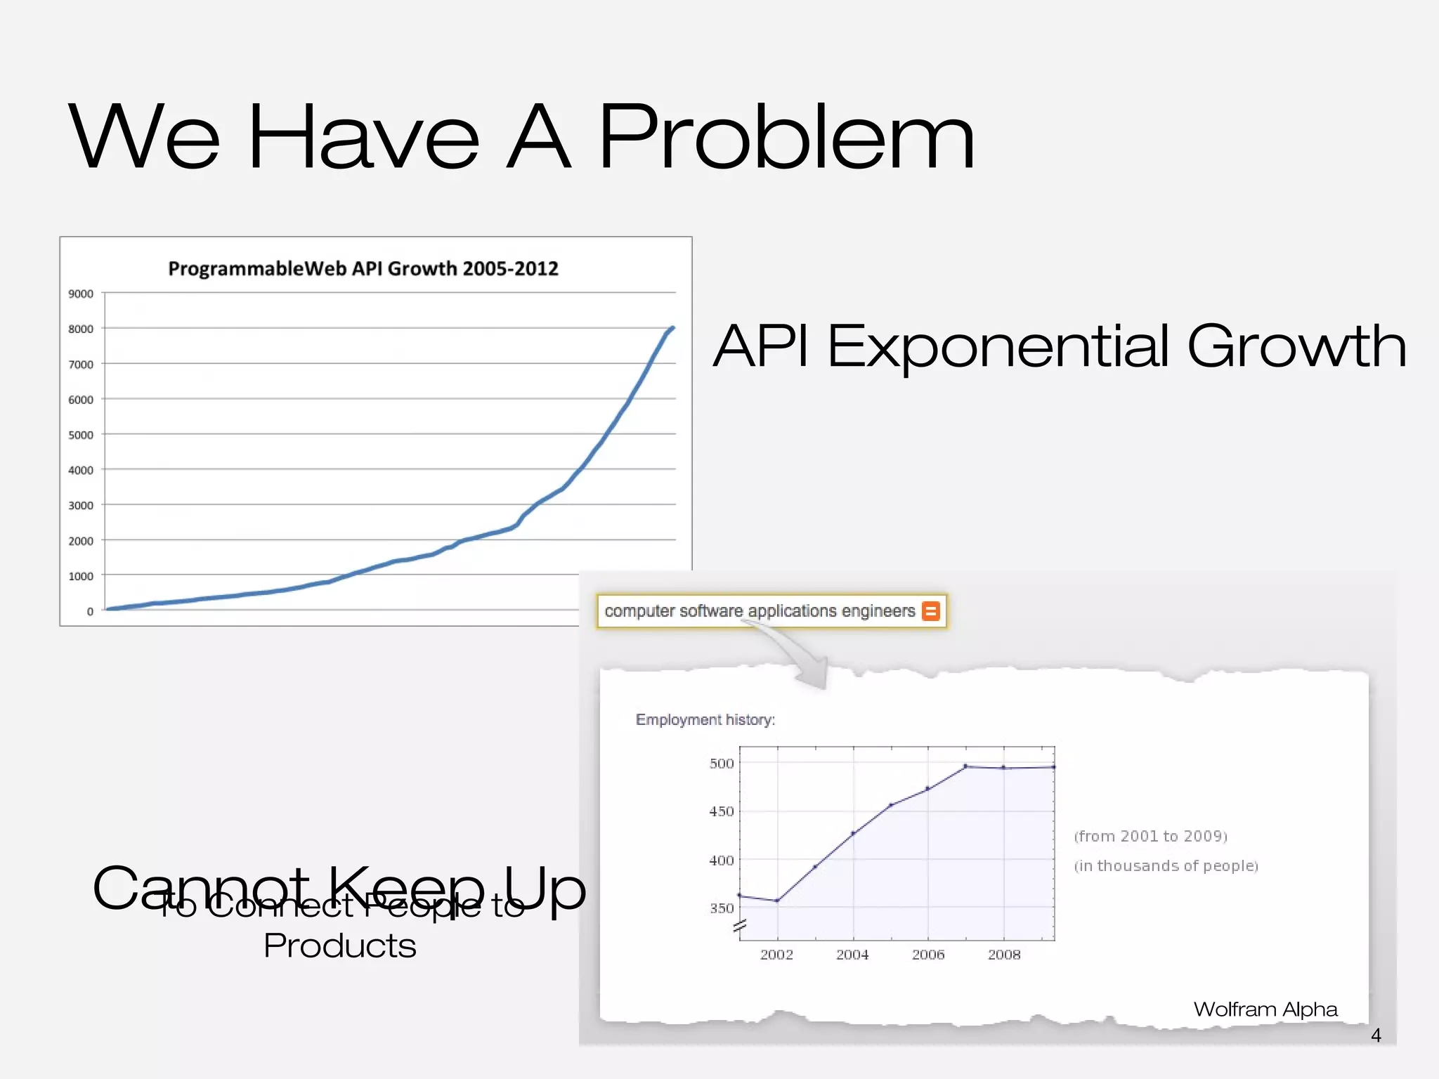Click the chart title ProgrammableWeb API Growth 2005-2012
[363, 269]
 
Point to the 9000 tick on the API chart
[81, 294]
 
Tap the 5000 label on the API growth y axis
[81, 435]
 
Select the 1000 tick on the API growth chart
[81, 576]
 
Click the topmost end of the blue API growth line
[673, 328]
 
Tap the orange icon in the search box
[930, 611]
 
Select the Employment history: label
[705, 720]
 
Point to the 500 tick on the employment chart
[722, 764]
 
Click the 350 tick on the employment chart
[722, 908]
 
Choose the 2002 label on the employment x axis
[776, 955]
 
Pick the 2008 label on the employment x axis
[1004, 955]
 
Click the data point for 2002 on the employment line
[777, 901]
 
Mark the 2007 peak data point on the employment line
[965, 766]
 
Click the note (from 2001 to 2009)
[1150, 836]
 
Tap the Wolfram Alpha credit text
[1265, 1009]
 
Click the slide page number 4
[1376, 1035]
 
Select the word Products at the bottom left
[340, 946]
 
